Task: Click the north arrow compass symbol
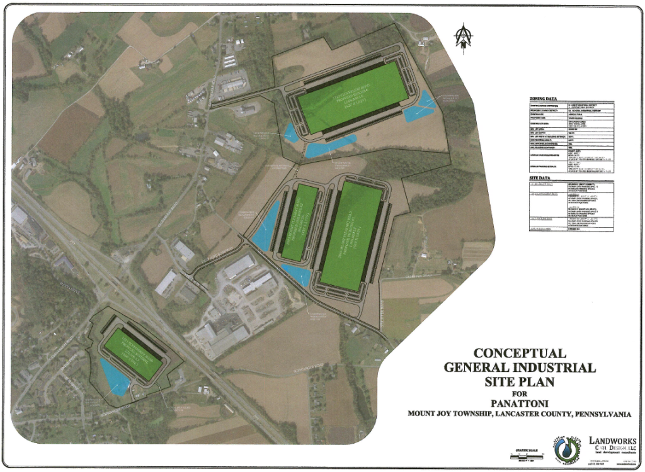click(x=464, y=37)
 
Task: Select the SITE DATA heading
click(x=536, y=179)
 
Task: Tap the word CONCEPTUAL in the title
click(x=520, y=354)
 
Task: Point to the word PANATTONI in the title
click(x=520, y=403)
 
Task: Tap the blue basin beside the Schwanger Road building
click(x=115, y=376)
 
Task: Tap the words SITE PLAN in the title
click(x=520, y=380)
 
